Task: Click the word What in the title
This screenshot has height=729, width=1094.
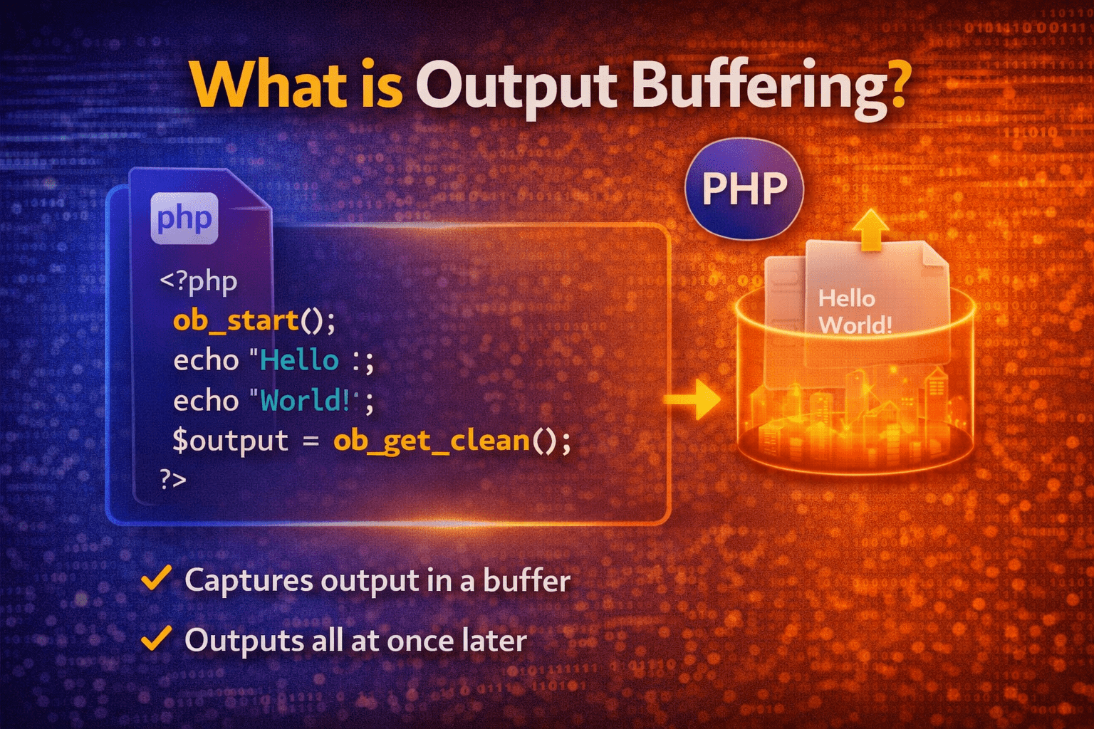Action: pos(267,86)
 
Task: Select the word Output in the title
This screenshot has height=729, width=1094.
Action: pos(516,86)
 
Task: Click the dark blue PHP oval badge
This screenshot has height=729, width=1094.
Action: pos(744,189)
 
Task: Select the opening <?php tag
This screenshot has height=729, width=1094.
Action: pos(198,280)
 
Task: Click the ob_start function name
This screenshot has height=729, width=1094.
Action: pos(236,320)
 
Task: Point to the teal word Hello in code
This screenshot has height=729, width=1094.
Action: pos(299,360)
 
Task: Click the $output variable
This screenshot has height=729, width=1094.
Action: pos(230,441)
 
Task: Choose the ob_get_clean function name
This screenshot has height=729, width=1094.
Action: pos(432,441)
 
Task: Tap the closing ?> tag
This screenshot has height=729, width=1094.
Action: pos(173,479)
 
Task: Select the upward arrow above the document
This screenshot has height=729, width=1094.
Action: pos(870,230)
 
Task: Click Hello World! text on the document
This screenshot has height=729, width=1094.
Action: pos(853,312)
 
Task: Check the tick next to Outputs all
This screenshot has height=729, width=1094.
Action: pos(156,639)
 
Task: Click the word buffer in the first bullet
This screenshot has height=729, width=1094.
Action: pos(526,581)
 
